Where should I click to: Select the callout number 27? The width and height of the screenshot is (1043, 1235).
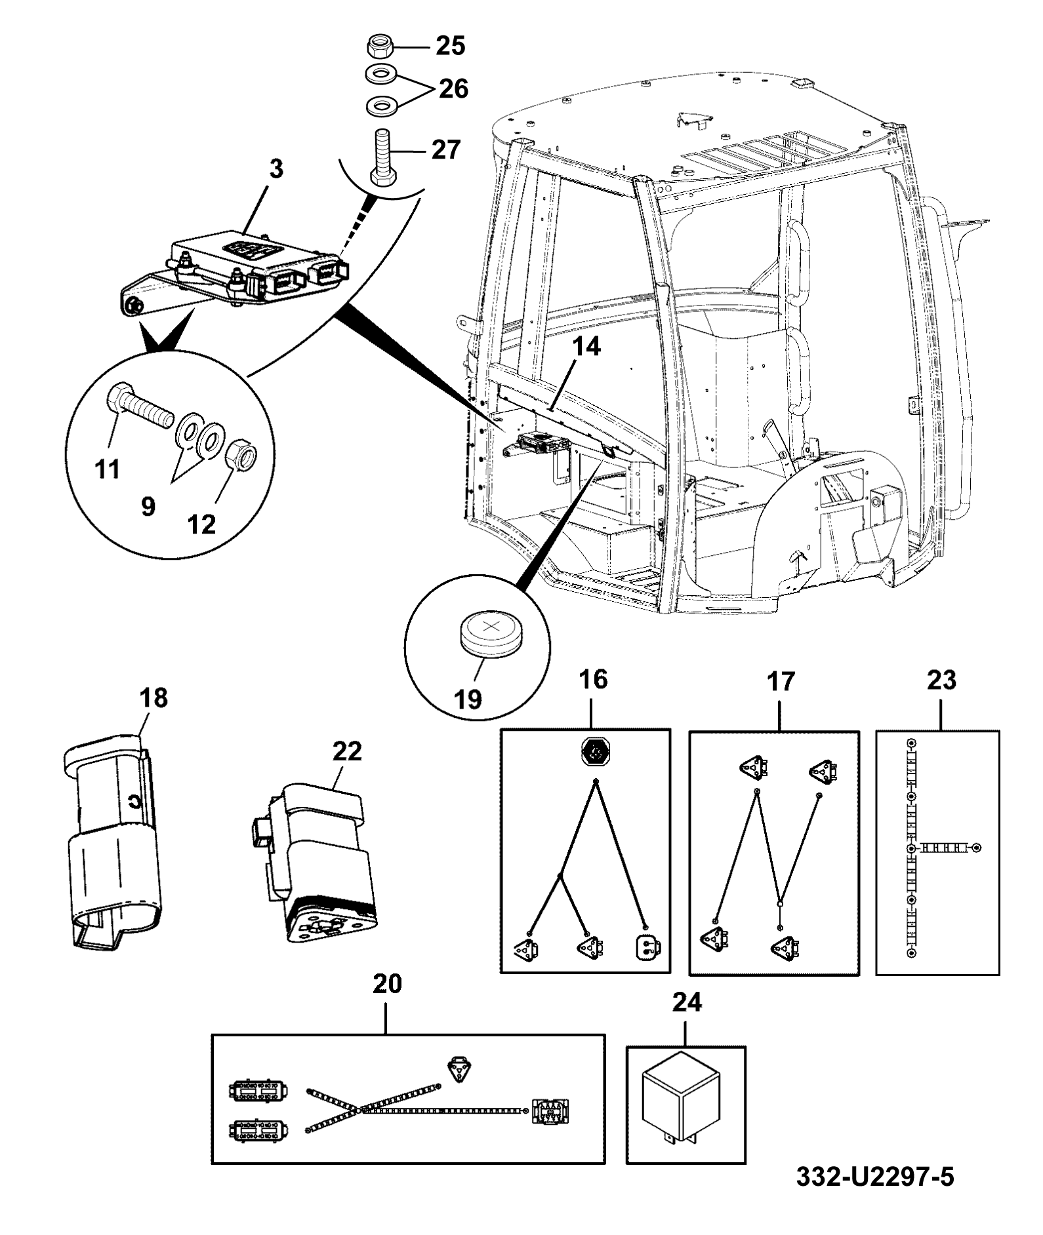(446, 149)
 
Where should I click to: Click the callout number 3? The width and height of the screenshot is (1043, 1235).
(276, 169)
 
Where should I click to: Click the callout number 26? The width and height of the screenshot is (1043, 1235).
(453, 88)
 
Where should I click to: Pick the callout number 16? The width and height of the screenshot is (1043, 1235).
(593, 680)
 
